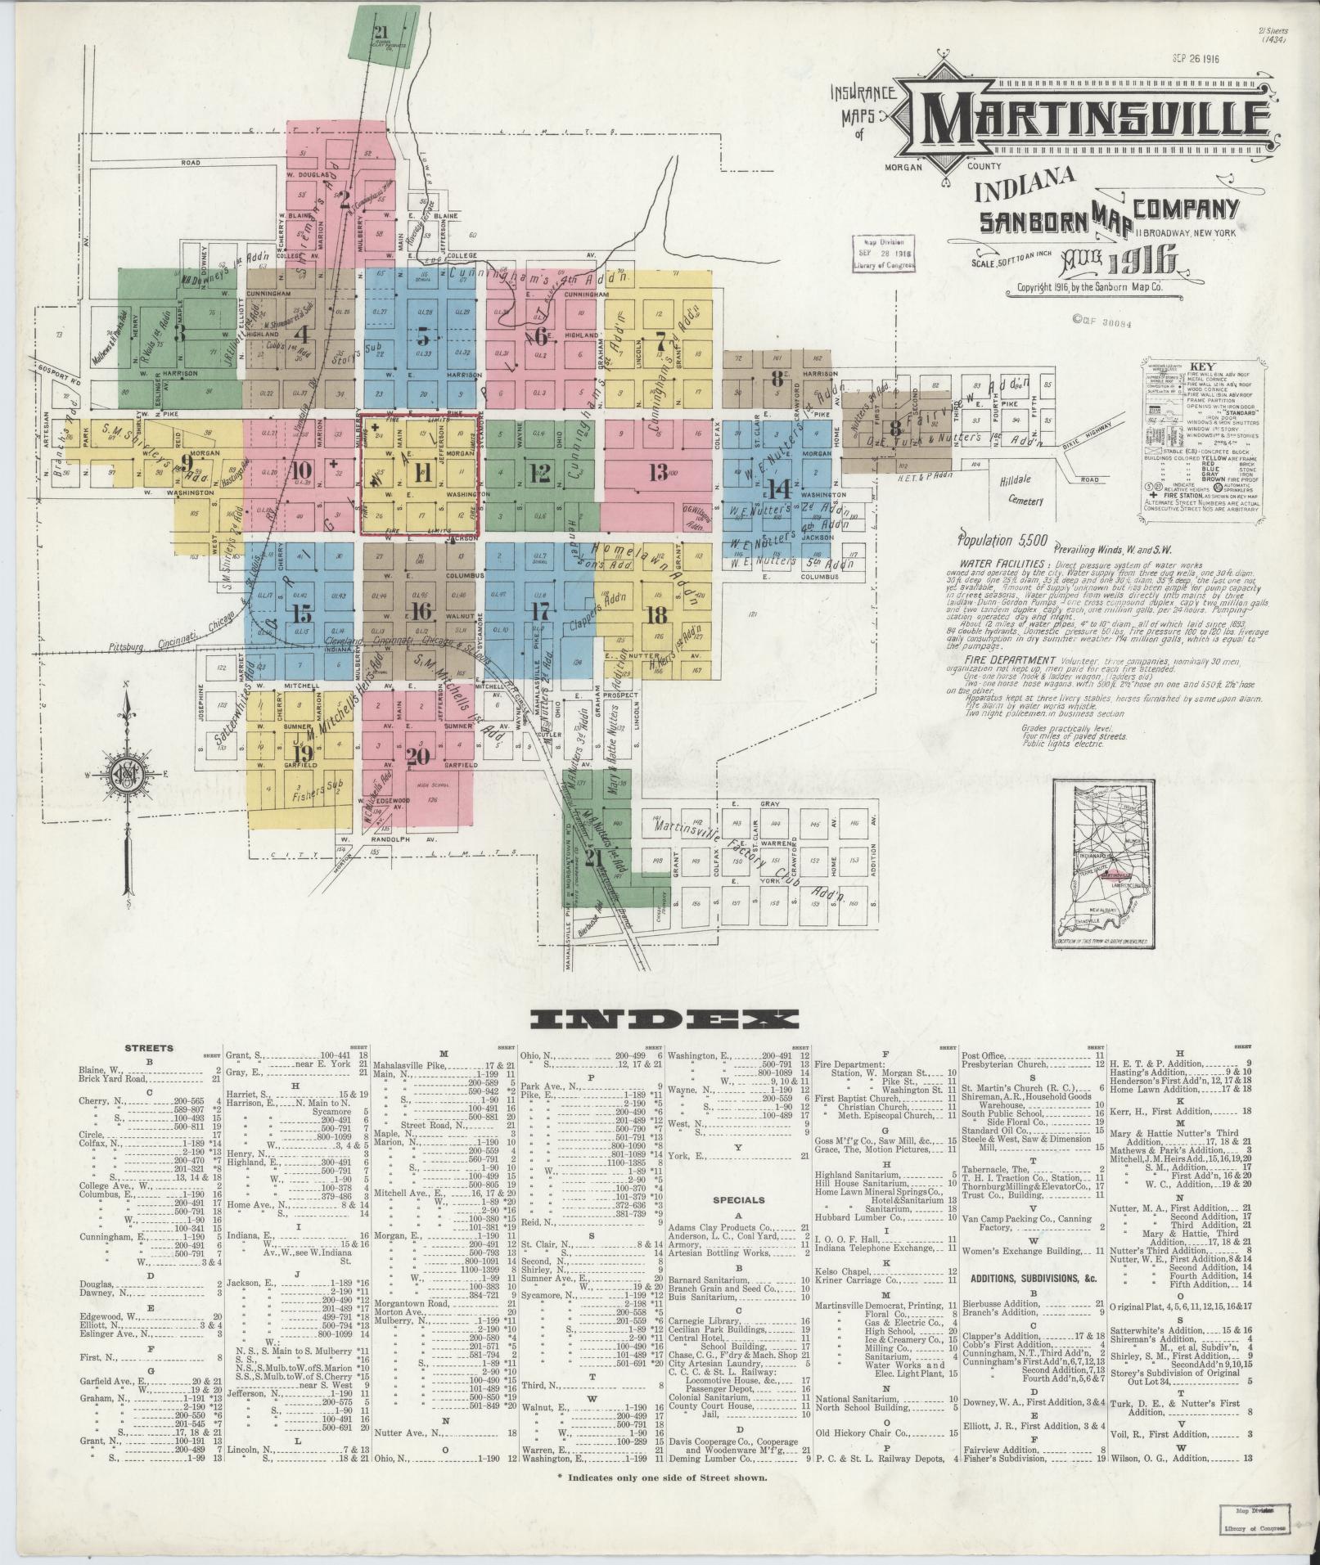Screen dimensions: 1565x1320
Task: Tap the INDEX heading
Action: (x=664, y=1018)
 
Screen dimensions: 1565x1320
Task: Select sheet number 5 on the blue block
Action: (x=422, y=335)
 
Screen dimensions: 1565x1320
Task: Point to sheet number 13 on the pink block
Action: (x=657, y=472)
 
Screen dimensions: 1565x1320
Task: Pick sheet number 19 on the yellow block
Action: (x=302, y=753)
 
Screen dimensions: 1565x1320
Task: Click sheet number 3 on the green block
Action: (x=182, y=333)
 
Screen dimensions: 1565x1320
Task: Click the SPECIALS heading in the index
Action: (x=737, y=1201)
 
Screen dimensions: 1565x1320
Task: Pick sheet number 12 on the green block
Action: (x=539, y=472)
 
